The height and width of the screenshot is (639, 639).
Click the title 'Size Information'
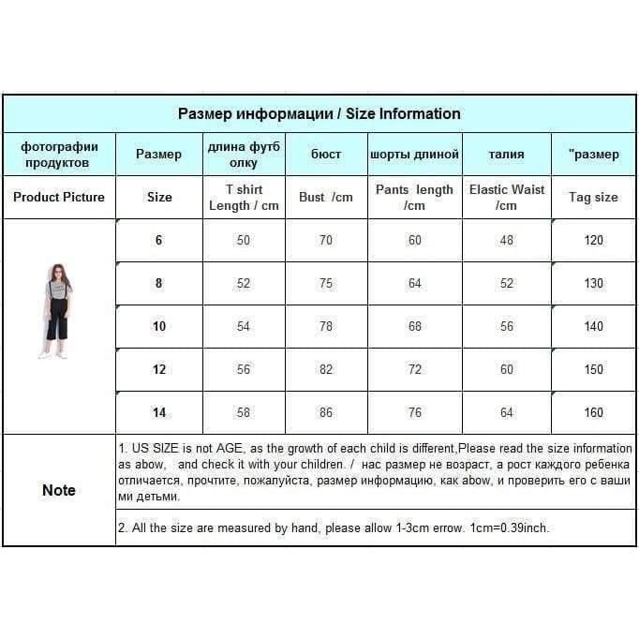pos(403,114)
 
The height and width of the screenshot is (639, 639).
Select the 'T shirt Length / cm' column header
pos(244,198)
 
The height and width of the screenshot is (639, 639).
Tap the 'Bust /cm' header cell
pos(326,198)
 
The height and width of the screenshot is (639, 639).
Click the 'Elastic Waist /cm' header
pos(506,198)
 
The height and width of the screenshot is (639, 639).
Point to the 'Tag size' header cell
pos(593,198)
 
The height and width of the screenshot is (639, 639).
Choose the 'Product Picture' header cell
pos(59,198)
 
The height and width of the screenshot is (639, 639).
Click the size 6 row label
pos(158,241)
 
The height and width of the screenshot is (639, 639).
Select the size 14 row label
pos(158,413)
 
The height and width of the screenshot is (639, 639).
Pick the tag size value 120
pos(593,241)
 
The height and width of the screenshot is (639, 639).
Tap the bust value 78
pos(326,327)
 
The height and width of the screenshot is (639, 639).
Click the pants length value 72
pos(415,370)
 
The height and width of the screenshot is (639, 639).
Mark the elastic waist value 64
pos(506,413)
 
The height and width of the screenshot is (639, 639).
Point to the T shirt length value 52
pos(244,284)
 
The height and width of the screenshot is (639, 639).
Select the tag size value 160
pos(593,413)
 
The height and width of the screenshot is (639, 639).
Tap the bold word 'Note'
pos(59,490)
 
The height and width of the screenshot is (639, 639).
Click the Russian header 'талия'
pos(506,155)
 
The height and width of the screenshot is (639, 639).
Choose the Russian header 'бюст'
pos(326,155)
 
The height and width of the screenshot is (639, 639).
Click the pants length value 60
pos(415,241)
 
